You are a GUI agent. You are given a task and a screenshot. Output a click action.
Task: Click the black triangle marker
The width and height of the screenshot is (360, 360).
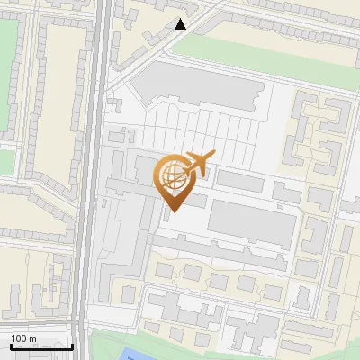[x=181, y=24]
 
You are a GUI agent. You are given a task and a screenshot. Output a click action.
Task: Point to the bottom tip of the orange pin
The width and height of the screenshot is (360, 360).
[x=171, y=211]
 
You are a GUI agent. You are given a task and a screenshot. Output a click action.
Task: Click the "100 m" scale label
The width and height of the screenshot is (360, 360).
[x=23, y=338]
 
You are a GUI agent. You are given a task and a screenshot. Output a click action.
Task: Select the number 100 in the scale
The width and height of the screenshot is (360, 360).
[x=18, y=338]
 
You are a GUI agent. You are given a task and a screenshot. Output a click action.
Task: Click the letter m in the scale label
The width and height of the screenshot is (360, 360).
[x=32, y=338]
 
